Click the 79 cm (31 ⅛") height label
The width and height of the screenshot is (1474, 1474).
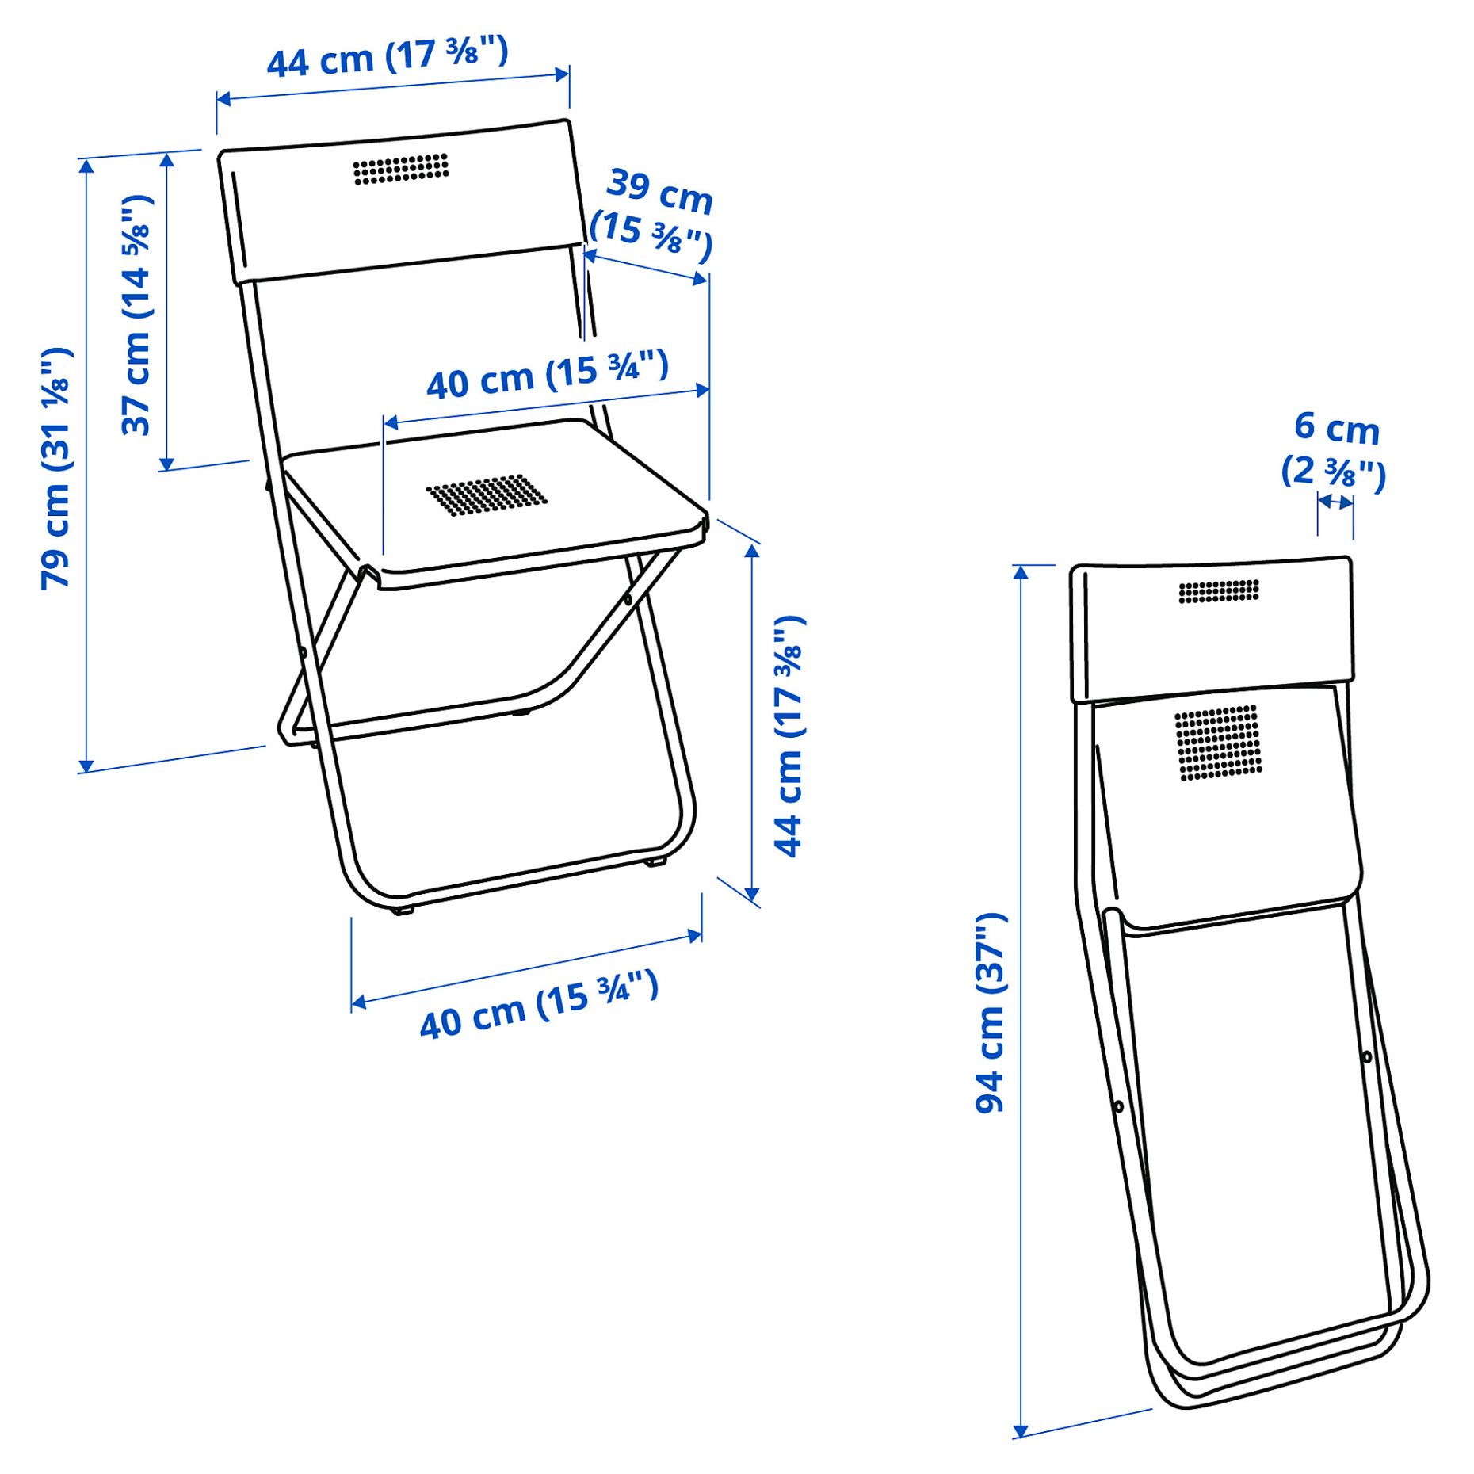(x=57, y=468)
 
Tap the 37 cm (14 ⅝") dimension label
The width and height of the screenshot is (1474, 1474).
(x=136, y=315)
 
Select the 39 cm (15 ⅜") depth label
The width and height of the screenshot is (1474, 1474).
(x=653, y=214)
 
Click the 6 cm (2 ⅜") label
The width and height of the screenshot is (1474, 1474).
(x=1335, y=449)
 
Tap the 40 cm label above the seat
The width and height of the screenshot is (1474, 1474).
(x=547, y=375)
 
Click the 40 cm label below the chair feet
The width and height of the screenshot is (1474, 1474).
(x=539, y=1004)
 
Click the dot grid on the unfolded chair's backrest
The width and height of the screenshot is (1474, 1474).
(x=401, y=169)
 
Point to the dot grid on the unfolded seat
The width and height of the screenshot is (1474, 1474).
(x=487, y=495)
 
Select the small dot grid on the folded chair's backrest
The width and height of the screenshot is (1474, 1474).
(x=1218, y=591)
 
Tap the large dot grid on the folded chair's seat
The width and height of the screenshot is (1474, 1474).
(x=1218, y=742)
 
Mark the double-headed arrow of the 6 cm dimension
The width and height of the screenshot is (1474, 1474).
(x=1335, y=502)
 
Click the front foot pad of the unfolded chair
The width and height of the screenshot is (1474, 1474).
(x=403, y=911)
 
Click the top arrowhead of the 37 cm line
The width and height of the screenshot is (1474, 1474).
(x=167, y=162)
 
